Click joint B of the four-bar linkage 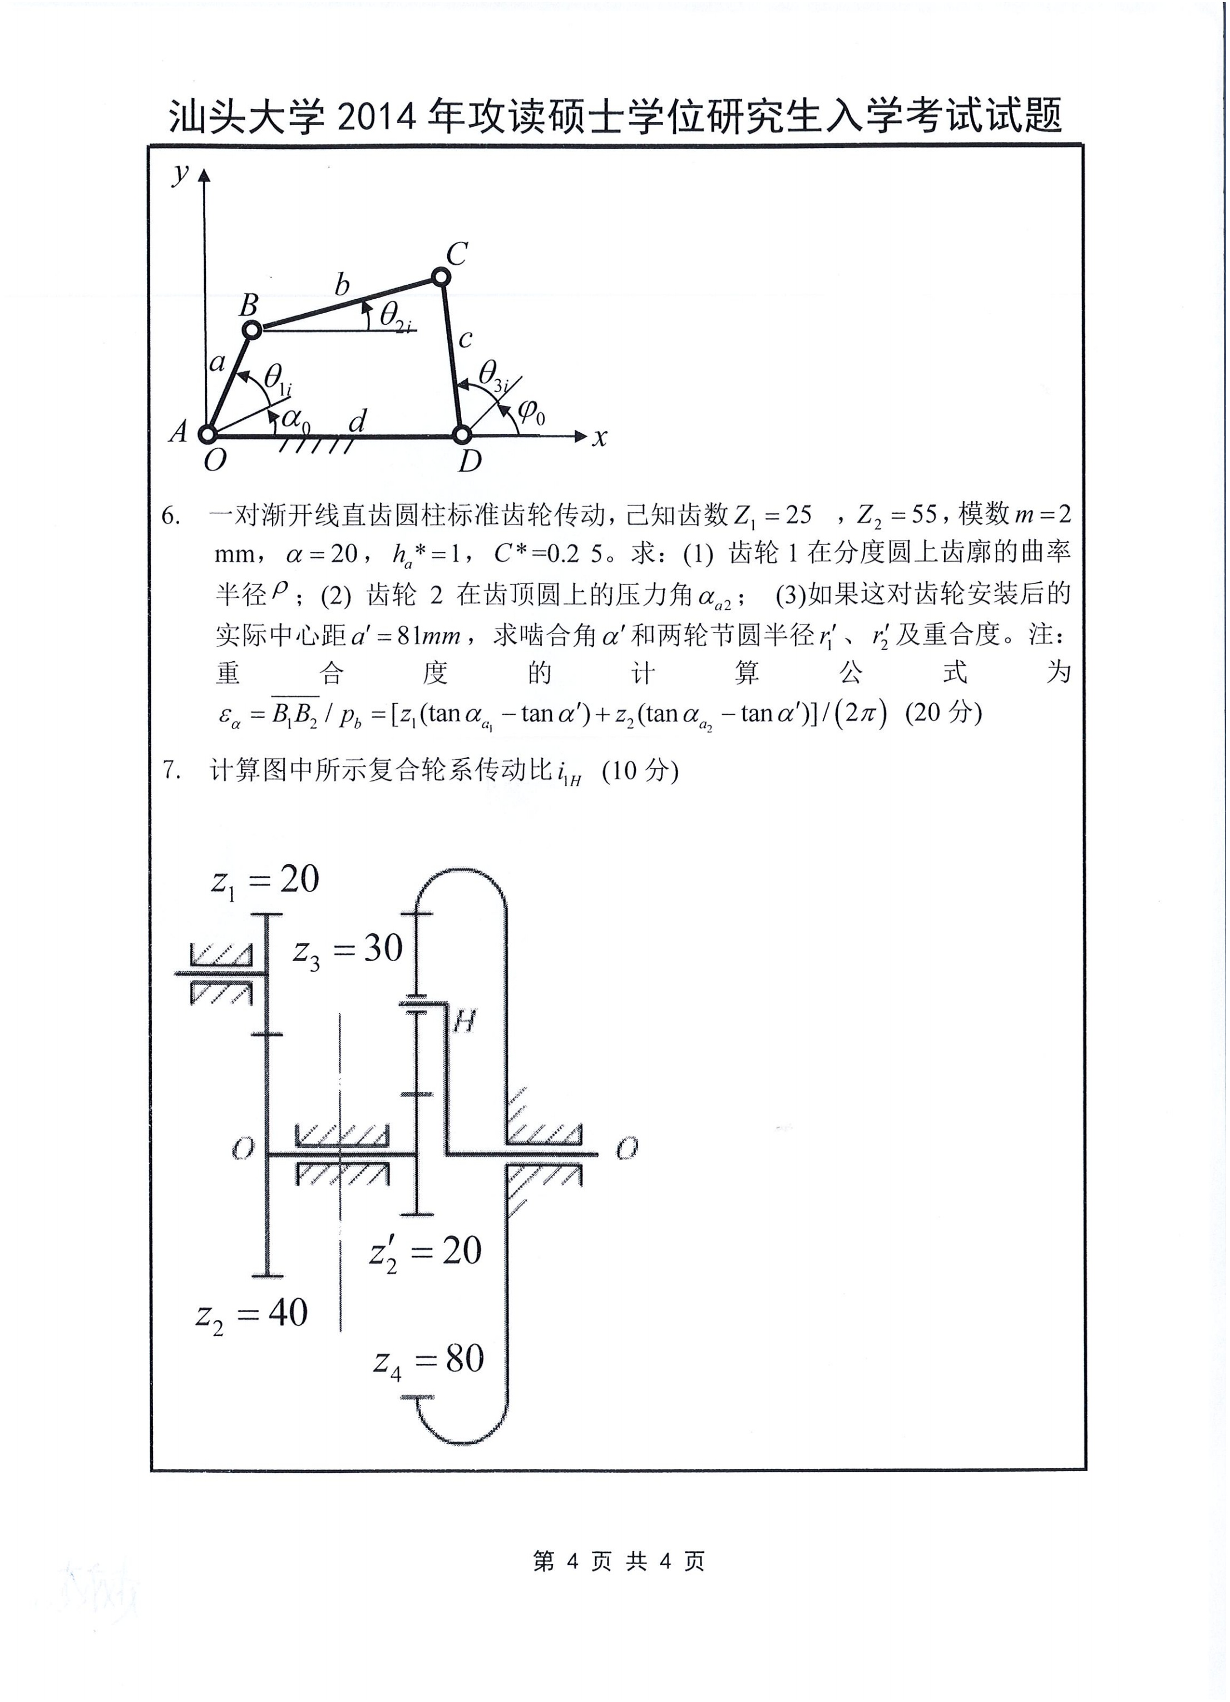(x=252, y=329)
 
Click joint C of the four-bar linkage (x=441, y=278)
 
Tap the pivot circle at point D (x=462, y=434)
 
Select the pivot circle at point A (x=206, y=434)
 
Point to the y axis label (x=180, y=174)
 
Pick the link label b (x=342, y=285)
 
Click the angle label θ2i (x=396, y=316)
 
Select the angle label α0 (x=295, y=420)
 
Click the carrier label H (x=465, y=1021)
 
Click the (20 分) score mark (x=944, y=712)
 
